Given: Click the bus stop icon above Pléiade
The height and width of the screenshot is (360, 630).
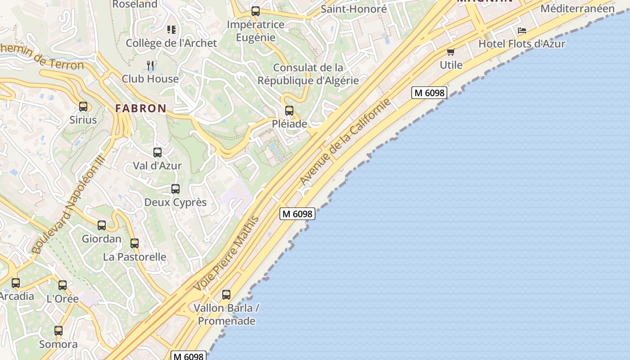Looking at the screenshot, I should pos(289,110).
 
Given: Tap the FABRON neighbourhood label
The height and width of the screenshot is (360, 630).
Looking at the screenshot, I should pos(141,108).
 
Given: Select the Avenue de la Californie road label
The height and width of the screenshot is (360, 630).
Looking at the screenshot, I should pos(345,142).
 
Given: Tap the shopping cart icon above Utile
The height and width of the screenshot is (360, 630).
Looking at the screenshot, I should pos(451,52).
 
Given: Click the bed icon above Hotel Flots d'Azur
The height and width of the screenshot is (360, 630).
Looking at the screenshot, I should pos(522,31).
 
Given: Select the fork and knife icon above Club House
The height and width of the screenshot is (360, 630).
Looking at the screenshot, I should pos(150,66).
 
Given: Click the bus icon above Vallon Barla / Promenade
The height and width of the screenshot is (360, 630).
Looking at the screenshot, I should pos(226,295).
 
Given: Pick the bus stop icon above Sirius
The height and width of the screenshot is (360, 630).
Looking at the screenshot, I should pos(83,107).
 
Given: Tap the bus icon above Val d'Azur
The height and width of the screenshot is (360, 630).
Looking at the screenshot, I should pos(157,153).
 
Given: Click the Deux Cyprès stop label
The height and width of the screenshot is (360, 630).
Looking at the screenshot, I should pos(175,202).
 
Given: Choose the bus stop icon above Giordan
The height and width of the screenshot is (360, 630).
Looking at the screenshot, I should pos(102,225).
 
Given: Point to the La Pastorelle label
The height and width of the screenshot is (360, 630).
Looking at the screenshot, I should pos(135,257).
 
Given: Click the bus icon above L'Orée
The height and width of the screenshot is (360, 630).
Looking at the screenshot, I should pos(63,285).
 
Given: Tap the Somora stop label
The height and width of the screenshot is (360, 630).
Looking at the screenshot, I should pos(58,344).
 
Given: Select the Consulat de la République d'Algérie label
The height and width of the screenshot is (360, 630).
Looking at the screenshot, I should pos(308,74).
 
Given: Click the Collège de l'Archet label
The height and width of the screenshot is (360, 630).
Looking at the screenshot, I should pos(171,43).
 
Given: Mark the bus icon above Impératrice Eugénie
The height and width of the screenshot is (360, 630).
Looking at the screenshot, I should pos(256,11).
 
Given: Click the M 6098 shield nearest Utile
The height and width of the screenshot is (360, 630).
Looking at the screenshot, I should pos(429,93).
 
